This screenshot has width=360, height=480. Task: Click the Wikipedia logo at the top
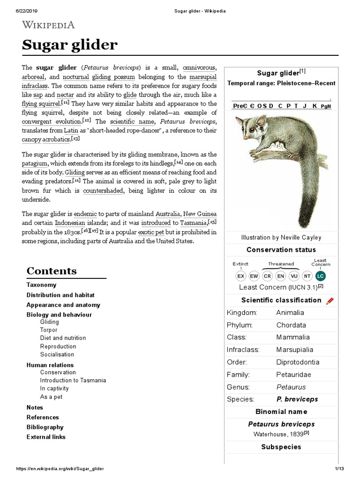click(x=48, y=25)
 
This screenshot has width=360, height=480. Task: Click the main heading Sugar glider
click(x=70, y=45)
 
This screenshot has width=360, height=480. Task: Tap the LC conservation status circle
click(x=320, y=276)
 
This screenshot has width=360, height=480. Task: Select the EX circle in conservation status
click(x=240, y=276)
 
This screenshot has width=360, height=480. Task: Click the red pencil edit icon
click(x=330, y=300)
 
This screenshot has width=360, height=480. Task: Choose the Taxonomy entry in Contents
click(x=41, y=285)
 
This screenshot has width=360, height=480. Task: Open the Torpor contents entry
click(x=49, y=330)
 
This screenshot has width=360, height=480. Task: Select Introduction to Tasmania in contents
click(x=73, y=380)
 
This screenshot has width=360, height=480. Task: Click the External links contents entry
click(x=46, y=437)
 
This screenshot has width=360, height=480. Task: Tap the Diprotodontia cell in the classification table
click(x=298, y=362)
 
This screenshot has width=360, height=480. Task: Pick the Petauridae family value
click(x=293, y=375)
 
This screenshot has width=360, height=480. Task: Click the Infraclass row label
click(x=243, y=350)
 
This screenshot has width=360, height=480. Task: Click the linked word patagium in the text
click(x=34, y=163)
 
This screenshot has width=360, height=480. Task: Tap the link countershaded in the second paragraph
click(x=103, y=191)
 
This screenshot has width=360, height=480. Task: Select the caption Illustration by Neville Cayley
click(x=281, y=238)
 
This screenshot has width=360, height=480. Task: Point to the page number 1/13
click(x=339, y=469)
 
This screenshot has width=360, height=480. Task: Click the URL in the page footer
click(x=60, y=469)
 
